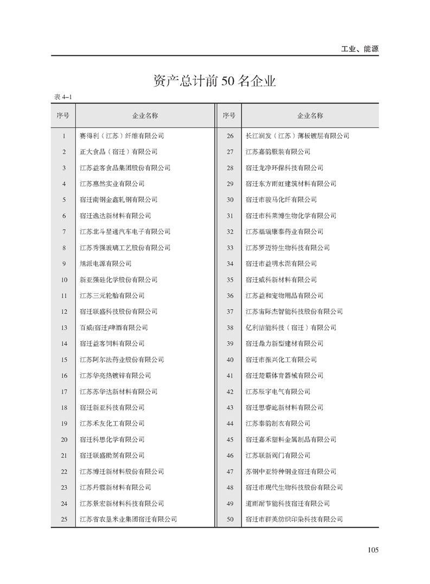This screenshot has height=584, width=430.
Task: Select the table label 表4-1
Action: pos(63,97)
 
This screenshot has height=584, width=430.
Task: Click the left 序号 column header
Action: pos(63,115)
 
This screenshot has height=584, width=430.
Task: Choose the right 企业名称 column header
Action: pos(310,115)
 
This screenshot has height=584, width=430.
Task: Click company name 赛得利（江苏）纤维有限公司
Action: pos(121,136)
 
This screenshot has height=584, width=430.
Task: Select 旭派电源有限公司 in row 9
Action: pos(105,264)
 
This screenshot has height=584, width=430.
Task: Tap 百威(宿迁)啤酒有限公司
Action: pos(113,328)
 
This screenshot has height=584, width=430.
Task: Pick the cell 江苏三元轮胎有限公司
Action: pos(112,296)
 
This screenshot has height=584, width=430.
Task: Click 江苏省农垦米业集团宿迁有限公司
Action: pos(128,519)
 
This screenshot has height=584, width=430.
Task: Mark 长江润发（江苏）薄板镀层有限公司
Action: pos(297,136)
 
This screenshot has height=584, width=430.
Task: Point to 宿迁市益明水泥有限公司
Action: pos(281,264)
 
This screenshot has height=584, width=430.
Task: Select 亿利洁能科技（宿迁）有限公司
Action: pos(291,328)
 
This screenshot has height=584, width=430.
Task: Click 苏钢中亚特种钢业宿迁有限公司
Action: pos(291,472)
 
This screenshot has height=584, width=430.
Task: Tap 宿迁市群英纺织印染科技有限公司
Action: pos(294,519)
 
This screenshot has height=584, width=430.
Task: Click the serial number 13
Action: pos(64,328)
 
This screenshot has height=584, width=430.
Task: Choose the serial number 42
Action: pos(230,392)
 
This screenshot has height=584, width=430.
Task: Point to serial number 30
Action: pos(230,200)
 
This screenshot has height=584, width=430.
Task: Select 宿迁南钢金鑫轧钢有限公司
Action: pos(118,200)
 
